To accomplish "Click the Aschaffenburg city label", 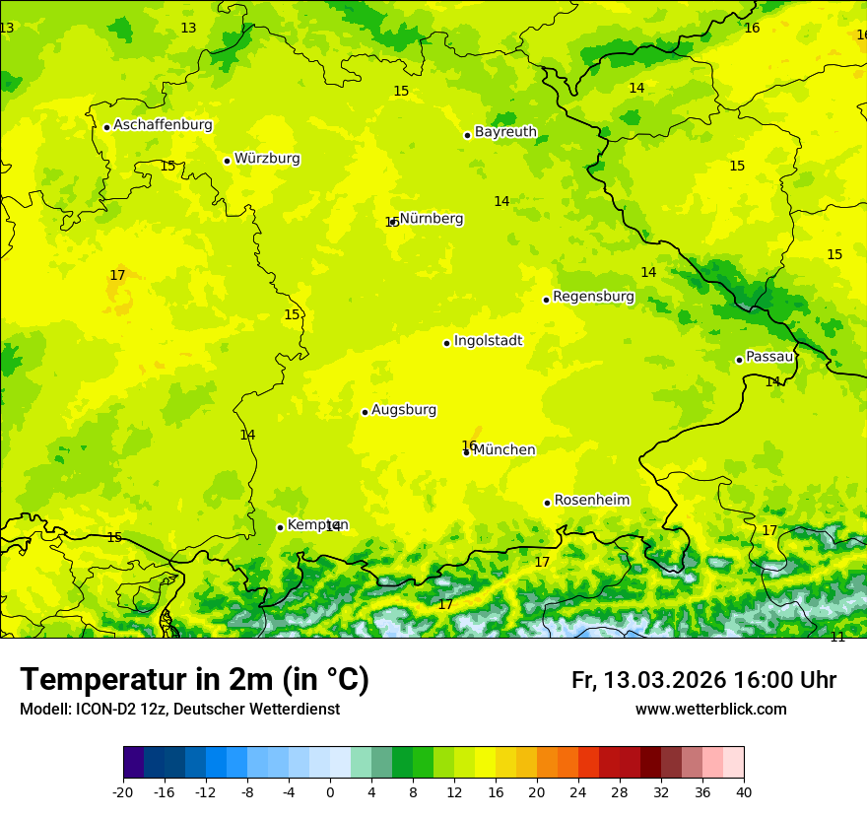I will tap(163, 125).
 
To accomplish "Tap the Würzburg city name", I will tap(267, 159).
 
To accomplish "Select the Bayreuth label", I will tap(505, 132).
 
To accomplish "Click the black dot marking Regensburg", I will tap(546, 300).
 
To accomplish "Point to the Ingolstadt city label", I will tap(488, 341).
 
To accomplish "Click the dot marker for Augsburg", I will tap(365, 412).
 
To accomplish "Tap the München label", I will tap(504, 450).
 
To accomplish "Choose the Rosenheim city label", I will tap(591, 501).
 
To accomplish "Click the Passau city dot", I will tap(739, 360).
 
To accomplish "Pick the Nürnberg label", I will tap(432, 219).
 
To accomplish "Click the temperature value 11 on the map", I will tap(837, 637).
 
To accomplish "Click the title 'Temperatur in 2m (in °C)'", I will tap(194, 680).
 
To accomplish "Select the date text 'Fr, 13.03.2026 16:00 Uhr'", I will tap(703, 680).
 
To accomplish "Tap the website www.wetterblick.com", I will tap(710, 709).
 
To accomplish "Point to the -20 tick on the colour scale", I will tap(123, 791).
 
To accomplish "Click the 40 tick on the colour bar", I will tap(744, 791).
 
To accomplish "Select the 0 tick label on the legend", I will tap(330, 791).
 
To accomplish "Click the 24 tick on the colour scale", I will tap(578, 791).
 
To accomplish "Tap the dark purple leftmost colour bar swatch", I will tap(133, 763).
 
